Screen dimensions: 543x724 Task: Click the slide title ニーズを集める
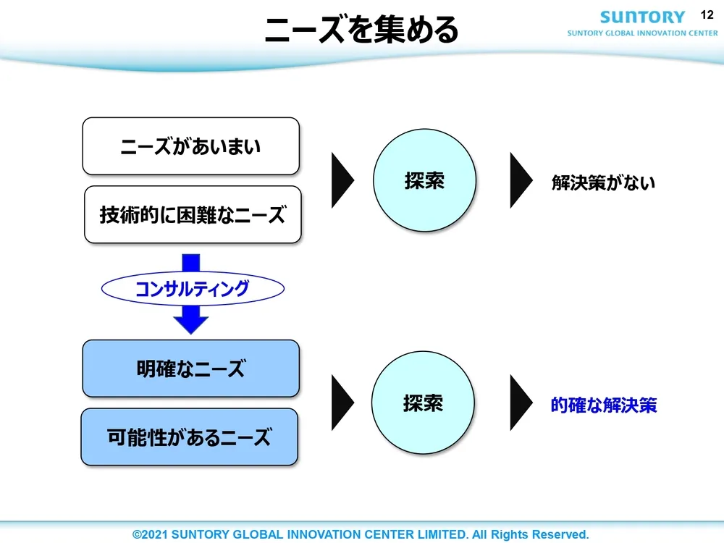pos(361,30)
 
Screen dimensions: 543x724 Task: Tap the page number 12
pos(707,14)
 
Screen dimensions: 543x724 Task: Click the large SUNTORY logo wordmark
pos(642,17)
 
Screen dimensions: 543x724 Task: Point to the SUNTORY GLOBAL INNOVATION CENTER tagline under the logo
pos(642,33)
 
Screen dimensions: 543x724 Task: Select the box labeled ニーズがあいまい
pos(190,146)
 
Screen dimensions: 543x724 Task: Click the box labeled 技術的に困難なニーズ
pos(193,214)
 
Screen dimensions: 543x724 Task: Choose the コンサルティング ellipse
pos(192,290)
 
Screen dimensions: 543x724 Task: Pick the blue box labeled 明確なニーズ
pos(190,369)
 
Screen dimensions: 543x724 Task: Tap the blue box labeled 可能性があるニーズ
pos(189,437)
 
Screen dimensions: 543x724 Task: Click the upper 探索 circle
pos(424,181)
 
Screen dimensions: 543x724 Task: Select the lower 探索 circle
pos(423,403)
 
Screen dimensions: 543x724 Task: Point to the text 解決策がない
pos(603,182)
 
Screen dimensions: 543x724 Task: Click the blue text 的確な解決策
pos(603,405)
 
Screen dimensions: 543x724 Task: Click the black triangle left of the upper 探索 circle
pos(342,180)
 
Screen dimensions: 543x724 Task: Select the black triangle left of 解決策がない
pos(520,180)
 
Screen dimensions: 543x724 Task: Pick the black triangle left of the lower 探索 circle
pos(342,403)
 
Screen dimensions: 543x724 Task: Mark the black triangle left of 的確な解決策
pos(520,403)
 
